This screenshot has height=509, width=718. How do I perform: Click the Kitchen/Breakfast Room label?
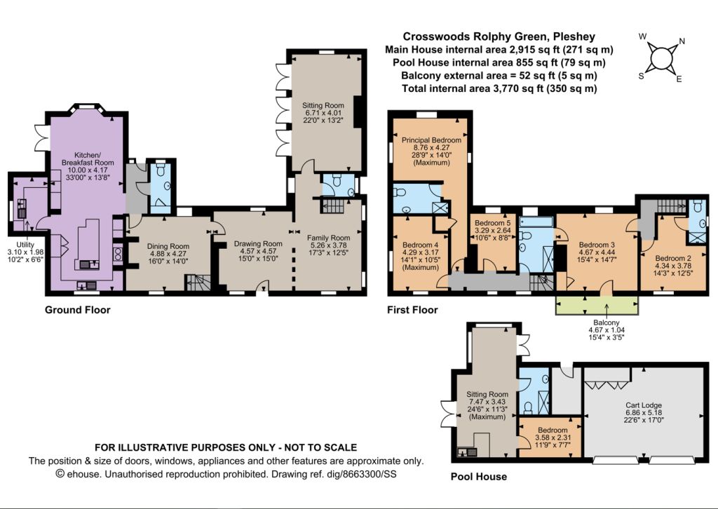click(88, 158)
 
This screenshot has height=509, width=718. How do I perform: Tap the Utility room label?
click(25, 245)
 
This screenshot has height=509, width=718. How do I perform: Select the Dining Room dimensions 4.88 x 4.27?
click(168, 254)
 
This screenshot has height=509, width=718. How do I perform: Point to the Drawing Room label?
click(258, 243)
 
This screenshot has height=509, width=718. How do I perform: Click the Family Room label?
click(328, 238)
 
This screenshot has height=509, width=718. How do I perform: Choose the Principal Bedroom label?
click(431, 140)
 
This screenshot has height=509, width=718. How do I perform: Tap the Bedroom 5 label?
click(493, 223)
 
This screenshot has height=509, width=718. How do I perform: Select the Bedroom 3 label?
click(597, 245)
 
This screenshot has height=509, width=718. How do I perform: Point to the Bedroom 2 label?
click(673, 258)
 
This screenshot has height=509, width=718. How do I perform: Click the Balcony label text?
click(607, 323)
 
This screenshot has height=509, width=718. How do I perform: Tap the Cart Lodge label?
click(644, 405)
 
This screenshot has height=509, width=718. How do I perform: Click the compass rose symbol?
click(661, 60)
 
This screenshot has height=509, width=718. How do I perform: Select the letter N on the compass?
click(682, 41)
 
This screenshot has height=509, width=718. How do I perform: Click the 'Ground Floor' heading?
click(77, 310)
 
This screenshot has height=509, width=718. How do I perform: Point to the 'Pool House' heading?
click(478, 477)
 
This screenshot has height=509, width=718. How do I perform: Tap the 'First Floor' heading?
click(412, 310)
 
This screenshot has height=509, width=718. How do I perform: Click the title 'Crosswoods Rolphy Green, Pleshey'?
click(499, 36)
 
